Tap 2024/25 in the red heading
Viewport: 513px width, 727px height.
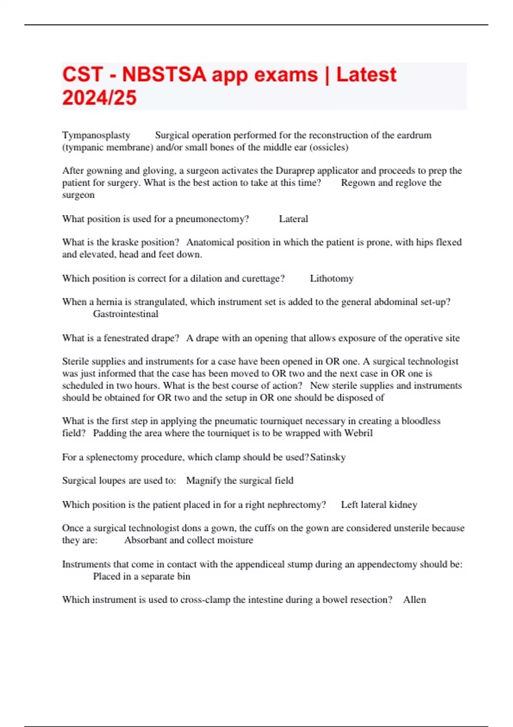coord(99,98)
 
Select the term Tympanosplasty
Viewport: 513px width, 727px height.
coord(96,135)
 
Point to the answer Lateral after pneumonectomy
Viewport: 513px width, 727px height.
coord(293,219)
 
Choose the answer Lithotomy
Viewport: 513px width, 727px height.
coord(331,278)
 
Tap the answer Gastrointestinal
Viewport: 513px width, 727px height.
coord(126,314)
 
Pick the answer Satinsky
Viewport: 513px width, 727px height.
coord(328,457)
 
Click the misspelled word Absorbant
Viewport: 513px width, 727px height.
coord(144,540)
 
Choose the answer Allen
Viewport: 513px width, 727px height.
coord(414,600)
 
